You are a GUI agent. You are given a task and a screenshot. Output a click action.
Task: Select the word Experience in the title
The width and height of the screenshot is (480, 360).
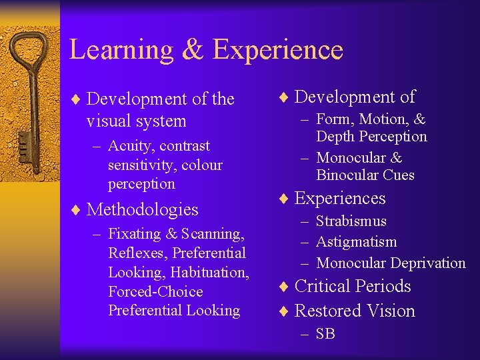pos(278,50)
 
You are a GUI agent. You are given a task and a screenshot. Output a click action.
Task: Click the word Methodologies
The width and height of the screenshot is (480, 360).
pos(143,209)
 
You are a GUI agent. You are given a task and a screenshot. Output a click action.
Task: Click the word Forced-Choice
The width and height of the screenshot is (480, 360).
pos(155,291)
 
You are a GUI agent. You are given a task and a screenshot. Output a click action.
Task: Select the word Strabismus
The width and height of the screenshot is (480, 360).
pos(351,221)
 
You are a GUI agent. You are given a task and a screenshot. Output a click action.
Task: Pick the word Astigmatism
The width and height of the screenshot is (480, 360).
pos(357,242)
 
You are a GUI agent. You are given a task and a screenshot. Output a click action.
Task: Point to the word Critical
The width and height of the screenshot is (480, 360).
pos(325,286)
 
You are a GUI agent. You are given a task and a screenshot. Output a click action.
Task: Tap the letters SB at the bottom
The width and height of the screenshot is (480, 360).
pos(326,334)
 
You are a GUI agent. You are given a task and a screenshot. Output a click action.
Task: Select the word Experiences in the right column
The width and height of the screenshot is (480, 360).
pos(340,199)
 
